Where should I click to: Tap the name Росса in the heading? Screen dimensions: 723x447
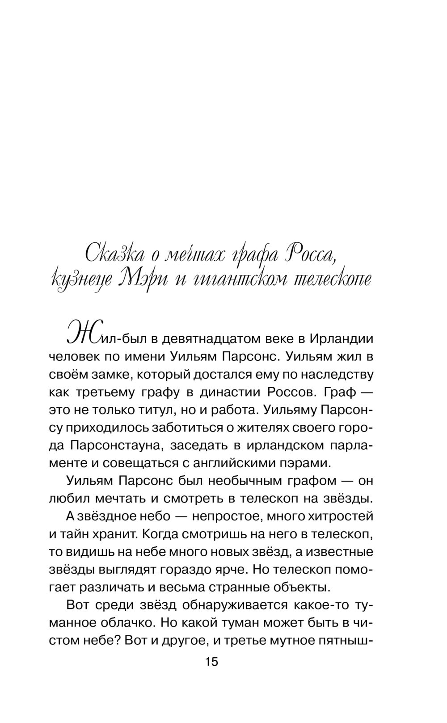309,255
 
